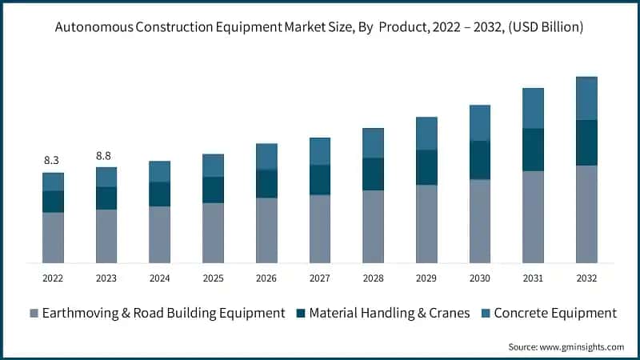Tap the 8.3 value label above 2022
(x=52, y=160)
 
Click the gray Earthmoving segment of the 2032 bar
(x=586, y=214)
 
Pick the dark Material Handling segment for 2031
(x=533, y=150)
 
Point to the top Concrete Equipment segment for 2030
(x=480, y=122)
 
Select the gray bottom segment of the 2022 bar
(x=53, y=237)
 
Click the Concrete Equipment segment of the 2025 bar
(x=213, y=166)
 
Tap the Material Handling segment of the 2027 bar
(x=320, y=180)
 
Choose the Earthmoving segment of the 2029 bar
(x=426, y=224)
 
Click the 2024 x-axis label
(x=159, y=278)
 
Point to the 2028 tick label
(x=373, y=278)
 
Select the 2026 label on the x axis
(x=266, y=278)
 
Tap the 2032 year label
(x=586, y=278)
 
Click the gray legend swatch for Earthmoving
(x=33, y=313)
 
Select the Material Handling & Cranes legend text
(x=390, y=313)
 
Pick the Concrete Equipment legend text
(x=554, y=313)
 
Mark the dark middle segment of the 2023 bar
(x=106, y=198)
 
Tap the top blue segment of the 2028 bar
(x=373, y=143)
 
